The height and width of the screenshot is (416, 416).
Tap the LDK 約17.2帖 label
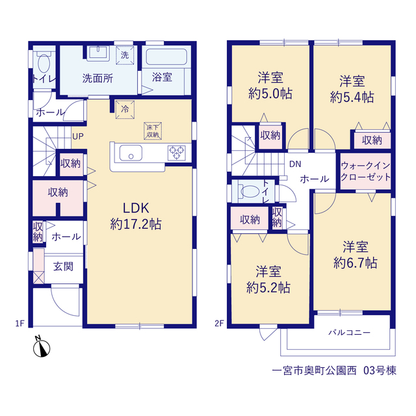136,216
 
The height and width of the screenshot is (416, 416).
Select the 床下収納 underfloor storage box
153,131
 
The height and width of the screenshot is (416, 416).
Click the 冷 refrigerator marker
125,109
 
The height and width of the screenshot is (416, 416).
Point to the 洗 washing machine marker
125,55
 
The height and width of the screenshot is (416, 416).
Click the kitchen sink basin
131,153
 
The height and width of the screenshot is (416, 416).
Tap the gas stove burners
176,153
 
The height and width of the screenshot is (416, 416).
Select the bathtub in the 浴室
166,57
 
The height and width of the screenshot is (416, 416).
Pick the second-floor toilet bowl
250,191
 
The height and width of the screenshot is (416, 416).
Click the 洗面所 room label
97,78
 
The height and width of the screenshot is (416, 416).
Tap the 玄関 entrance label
63,266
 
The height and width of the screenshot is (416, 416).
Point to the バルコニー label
349,332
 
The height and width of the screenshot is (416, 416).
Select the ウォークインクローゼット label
365,172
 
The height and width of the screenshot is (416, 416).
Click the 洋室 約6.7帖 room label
356,255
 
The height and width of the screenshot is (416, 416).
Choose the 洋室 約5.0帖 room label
270,85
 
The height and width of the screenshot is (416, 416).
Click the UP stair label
78,136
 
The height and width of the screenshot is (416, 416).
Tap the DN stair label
295,164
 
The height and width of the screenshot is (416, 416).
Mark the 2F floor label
219,324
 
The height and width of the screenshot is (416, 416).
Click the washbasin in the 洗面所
98,52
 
